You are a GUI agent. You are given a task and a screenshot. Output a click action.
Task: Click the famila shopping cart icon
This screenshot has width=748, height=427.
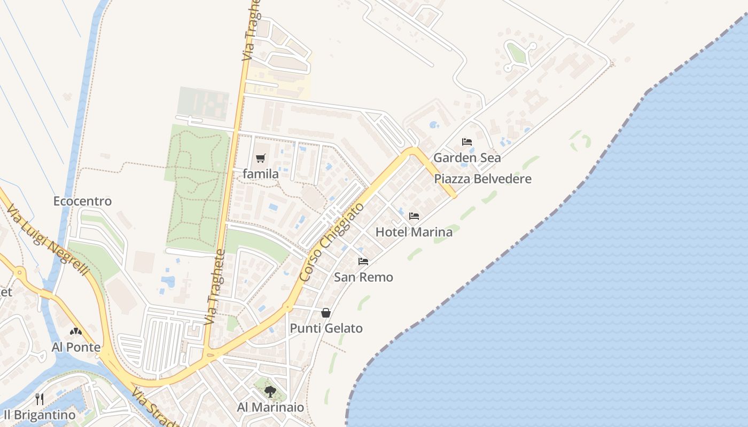pos(261,158)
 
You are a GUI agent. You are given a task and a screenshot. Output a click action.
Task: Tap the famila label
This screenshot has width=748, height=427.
pos(261,174)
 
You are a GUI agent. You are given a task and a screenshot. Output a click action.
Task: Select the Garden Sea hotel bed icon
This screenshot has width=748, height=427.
pos(467,142)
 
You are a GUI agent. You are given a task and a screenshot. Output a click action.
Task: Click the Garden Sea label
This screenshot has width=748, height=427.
pos(467,158)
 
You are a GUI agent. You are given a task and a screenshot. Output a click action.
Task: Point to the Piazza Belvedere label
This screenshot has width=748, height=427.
pos(483,179)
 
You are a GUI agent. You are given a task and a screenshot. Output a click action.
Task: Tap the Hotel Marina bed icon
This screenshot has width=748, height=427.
pos(414,216)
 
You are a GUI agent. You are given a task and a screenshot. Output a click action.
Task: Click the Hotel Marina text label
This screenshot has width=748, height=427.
pos(414,232)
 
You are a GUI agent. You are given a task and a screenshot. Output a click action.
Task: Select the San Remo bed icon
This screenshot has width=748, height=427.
pos(363,262)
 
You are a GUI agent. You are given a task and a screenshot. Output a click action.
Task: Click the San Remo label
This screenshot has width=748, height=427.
pos(363,278)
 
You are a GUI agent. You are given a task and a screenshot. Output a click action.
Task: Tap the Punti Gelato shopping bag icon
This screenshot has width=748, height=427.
pos(326,313)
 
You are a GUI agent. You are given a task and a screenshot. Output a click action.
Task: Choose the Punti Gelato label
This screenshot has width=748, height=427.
pos(326,328)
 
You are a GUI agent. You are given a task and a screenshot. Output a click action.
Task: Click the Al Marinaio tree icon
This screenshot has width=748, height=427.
pos(270,392)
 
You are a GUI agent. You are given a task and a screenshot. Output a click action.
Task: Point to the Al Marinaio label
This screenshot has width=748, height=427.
pos(270,408)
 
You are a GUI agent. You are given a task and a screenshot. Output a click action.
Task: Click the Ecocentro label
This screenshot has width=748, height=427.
pos(82,201)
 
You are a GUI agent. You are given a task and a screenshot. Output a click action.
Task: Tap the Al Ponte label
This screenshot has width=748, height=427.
pos(76,347)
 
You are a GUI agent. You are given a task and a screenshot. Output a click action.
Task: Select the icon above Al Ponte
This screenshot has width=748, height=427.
pos(76,331)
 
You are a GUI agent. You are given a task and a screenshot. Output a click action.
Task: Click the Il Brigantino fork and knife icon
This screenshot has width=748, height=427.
pos(39,399)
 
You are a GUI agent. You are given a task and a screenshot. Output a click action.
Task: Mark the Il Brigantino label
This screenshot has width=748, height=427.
pos(39,415)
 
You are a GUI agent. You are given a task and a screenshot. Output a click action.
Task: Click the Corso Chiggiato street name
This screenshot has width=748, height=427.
pos(332,242)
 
